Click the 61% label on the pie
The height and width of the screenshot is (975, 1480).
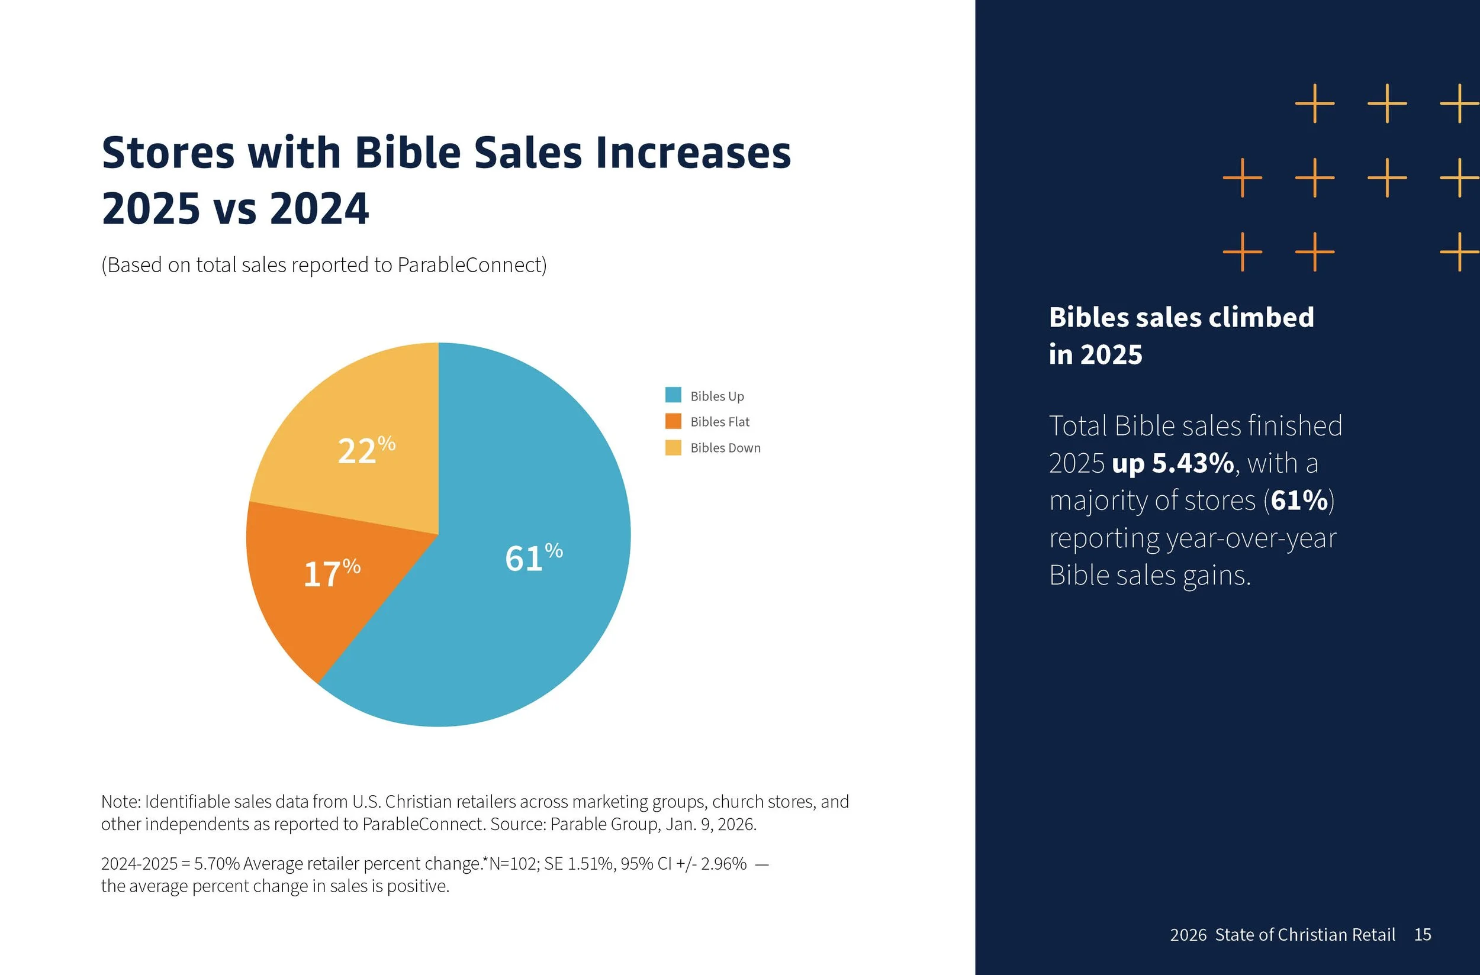pos(533,557)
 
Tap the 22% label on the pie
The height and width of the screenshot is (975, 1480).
pos(366,450)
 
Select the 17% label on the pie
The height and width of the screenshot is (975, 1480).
pos(331,573)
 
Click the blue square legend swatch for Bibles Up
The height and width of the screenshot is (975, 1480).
pos(673,395)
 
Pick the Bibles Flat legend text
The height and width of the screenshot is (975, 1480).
pos(719,422)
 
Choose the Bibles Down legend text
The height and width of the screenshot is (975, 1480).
pos(725,448)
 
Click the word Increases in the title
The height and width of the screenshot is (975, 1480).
pos(693,153)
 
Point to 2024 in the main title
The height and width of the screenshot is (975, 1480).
pos(319,208)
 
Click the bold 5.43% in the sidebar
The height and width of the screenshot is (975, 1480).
pos(1193,463)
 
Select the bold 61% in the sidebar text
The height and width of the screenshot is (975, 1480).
pos(1299,501)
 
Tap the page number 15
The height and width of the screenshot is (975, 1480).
pos(1422,935)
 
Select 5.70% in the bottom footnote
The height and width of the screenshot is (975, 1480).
pos(217,864)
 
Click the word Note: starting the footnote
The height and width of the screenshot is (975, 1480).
pos(121,802)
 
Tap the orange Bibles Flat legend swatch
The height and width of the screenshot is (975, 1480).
pos(673,421)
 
